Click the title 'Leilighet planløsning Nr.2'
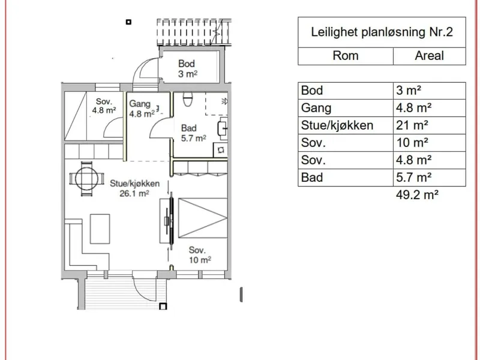coord(382,32)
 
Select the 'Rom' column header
coord(346,56)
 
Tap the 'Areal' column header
coord(429,56)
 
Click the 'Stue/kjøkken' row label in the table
coord(337,125)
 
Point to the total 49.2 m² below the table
coord(417,194)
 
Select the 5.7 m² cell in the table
coord(413,178)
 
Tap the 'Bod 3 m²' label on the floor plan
coord(187,68)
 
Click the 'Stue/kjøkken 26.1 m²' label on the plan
coord(134,188)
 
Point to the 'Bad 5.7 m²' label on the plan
coord(193,133)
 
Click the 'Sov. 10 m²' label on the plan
coord(200,255)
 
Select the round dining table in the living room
coord(86,179)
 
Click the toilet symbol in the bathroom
coord(188,99)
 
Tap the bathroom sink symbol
coord(222,128)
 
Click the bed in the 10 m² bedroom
coord(203,218)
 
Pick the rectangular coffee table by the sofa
coord(100,229)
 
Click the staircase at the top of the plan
coord(194,32)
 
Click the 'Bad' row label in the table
coord(311,178)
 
